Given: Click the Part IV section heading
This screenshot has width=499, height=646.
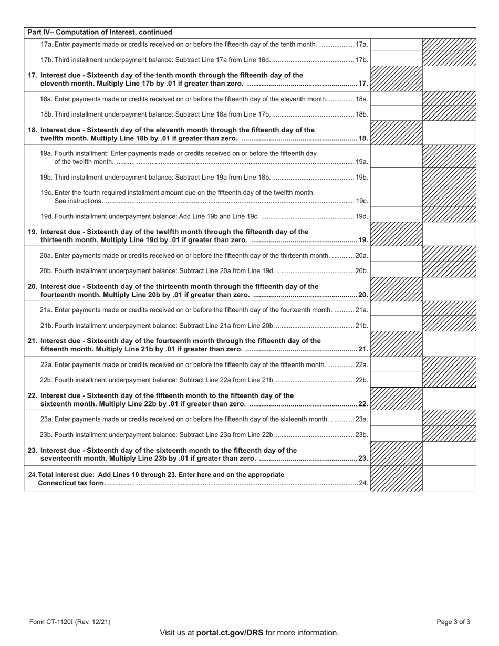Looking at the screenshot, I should [x=100, y=32].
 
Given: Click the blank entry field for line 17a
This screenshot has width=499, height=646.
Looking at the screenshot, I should [x=397, y=45].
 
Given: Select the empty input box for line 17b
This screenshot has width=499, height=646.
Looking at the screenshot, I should [x=397, y=59].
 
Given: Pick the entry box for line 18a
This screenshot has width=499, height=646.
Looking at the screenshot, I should [x=397, y=98].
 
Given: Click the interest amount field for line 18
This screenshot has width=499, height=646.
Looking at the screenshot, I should [x=449, y=133].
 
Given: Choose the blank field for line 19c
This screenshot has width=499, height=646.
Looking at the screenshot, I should [x=397, y=196].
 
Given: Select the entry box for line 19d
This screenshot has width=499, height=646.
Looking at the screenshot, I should [x=397, y=215].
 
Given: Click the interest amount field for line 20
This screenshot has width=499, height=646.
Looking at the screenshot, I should [x=449, y=290].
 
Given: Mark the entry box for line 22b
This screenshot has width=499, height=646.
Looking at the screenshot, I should [x=397, y=379].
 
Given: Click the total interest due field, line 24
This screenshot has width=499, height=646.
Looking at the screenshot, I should [x=449, y=478].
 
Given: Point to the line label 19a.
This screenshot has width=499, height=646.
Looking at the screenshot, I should [x=362, y=162].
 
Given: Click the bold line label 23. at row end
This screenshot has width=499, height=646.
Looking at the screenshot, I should [x=363, y=459].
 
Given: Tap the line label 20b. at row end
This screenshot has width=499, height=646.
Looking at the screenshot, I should [x=361, y=271].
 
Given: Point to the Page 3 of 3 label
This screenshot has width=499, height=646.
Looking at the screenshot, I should [x=453, y=622].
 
